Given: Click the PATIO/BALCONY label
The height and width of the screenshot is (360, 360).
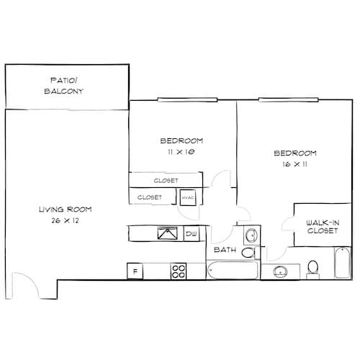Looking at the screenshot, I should (x=68, y=86).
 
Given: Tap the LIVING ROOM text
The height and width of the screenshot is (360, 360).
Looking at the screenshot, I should (x=65, y=210).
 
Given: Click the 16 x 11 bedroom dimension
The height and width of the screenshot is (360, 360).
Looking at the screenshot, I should (x=295, y=165).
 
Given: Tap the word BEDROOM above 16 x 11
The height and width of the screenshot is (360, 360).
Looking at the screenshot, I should (x=295, y=153).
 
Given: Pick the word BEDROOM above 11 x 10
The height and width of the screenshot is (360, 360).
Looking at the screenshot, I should (x=181, y=140).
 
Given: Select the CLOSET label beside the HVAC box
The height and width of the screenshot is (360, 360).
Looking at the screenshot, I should (x=149, y=197).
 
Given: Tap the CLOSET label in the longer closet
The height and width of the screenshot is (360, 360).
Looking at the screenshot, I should (x=166, y=180).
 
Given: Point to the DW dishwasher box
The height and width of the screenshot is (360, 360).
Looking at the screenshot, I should (x=192, y=234).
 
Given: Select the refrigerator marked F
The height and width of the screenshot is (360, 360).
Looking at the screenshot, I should (x=134, y=271).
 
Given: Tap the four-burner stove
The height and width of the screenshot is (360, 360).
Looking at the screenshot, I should (x=179, y=271).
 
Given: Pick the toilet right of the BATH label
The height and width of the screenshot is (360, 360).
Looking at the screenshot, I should (x=248, y=253).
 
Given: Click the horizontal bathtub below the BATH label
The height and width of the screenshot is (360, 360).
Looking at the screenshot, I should (x=233, y=271).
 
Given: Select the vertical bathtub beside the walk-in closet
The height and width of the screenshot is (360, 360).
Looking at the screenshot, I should (x=342, y=263).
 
